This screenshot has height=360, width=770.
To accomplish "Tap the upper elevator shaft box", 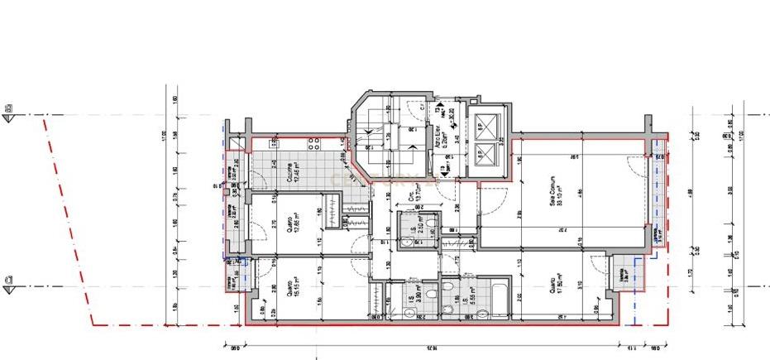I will click(x=484, y=124).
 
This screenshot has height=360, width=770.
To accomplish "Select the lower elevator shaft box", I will click(x=484, y=155).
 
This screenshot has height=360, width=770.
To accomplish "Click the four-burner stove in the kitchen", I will click(x=315, y=144).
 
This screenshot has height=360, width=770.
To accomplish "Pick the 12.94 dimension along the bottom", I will click(x=423, y=348).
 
